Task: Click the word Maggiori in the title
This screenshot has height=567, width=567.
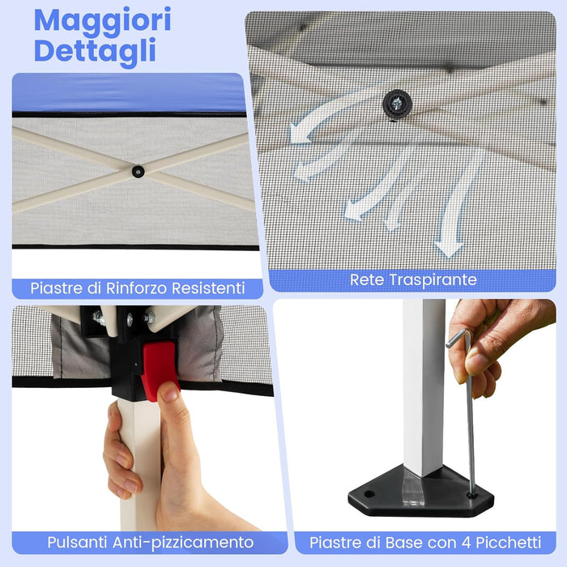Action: pyautogui.click(x=102, y=20)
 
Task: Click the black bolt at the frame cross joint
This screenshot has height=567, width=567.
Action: pyautogui.click(x=139, y=171)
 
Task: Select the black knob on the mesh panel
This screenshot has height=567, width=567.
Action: pyautogui.click(x=398, y=102)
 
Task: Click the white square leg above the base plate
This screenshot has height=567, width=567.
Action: pyautogui.click(x=424, y=389)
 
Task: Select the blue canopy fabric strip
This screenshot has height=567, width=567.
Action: pyautogui.click(x=130, y=92)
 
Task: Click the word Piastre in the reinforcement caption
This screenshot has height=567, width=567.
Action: pyautogui.click(x=56, y=288)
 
